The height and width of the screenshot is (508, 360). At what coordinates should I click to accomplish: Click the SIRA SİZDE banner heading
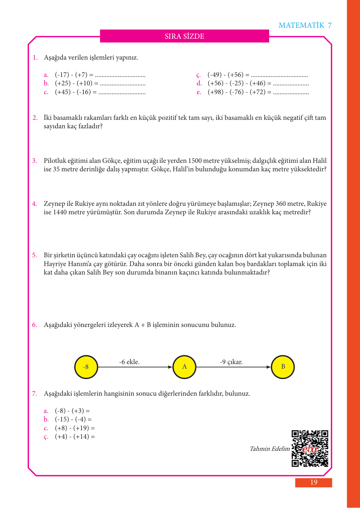coord(184,36)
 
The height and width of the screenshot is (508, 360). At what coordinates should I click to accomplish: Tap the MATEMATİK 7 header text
coord(305,25)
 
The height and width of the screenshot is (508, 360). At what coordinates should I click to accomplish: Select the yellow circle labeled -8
coord(86,367)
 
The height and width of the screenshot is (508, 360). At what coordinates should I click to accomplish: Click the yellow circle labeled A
coord(184,367)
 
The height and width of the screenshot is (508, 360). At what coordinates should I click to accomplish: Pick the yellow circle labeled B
coord(283,367)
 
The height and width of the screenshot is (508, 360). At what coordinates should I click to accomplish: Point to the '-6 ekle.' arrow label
coord(129,362)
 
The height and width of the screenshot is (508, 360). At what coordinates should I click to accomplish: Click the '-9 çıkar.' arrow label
coord(231,362)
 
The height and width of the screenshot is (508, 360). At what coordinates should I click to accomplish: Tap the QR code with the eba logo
coord(310,448)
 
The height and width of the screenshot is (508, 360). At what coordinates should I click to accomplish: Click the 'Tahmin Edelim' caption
coord(270,449)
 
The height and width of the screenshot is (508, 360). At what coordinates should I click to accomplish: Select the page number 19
coord(313,482)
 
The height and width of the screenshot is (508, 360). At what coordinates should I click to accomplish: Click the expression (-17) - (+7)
coord(71,75)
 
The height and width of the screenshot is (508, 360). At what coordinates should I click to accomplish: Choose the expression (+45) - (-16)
coord(73,92)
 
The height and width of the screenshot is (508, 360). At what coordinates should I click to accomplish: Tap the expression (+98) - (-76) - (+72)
coord(237,92)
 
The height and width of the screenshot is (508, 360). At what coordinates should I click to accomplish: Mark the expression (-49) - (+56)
coord(225,75)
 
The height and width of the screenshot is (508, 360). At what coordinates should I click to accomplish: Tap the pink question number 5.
coord(35,255)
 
